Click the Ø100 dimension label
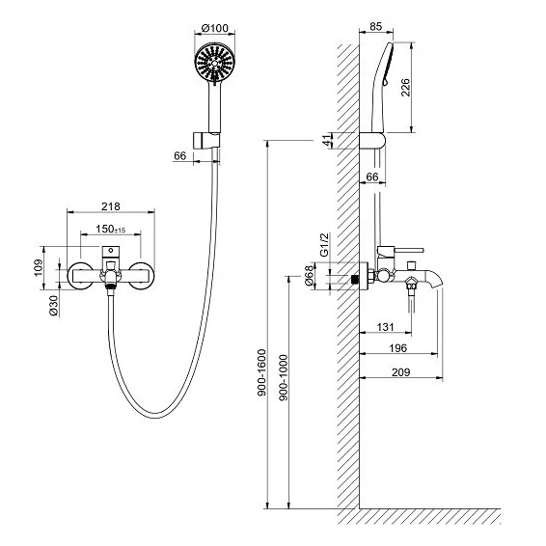(215, 28)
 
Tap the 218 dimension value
(111, 206)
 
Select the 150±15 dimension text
(110, 230)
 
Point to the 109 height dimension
(39, 268)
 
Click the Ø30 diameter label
(54, 306)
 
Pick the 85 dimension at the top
(375, 26)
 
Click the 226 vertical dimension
(405, 88)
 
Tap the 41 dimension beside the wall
(327, 141)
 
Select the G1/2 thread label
(324, 245)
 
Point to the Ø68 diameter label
(310, 276)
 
